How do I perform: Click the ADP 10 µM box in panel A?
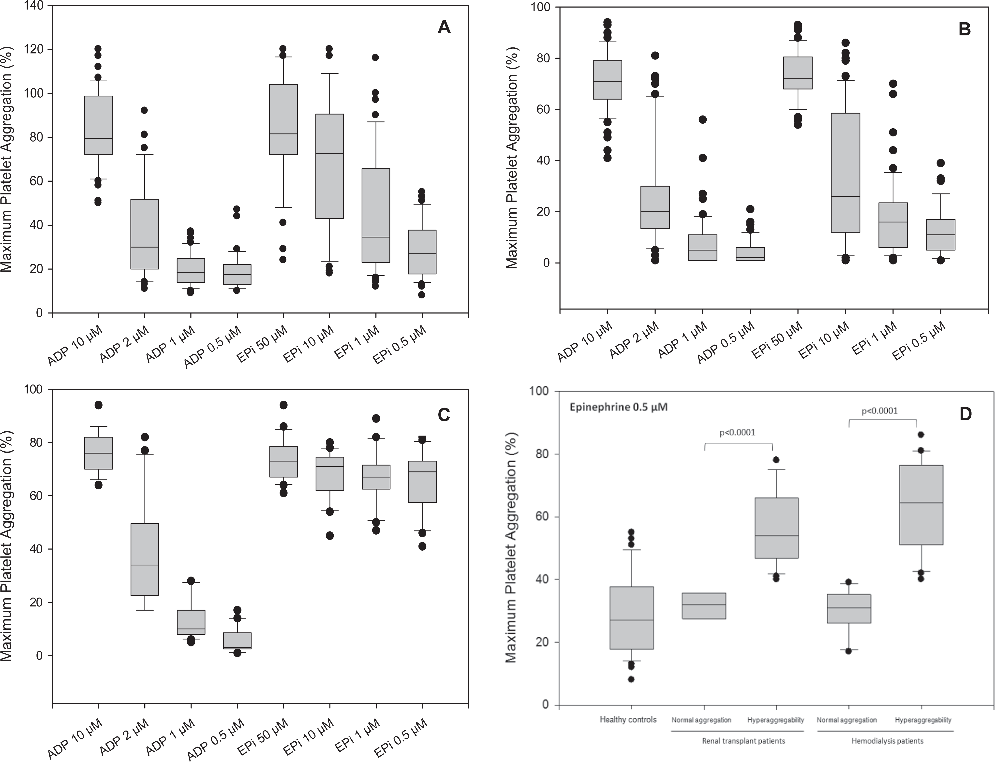[x=98, y=125]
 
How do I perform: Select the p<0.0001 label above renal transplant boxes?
[x=738, y=432]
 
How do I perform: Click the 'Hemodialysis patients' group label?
[x=888, y=741]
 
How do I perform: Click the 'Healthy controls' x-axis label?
[x=628, y=719]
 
